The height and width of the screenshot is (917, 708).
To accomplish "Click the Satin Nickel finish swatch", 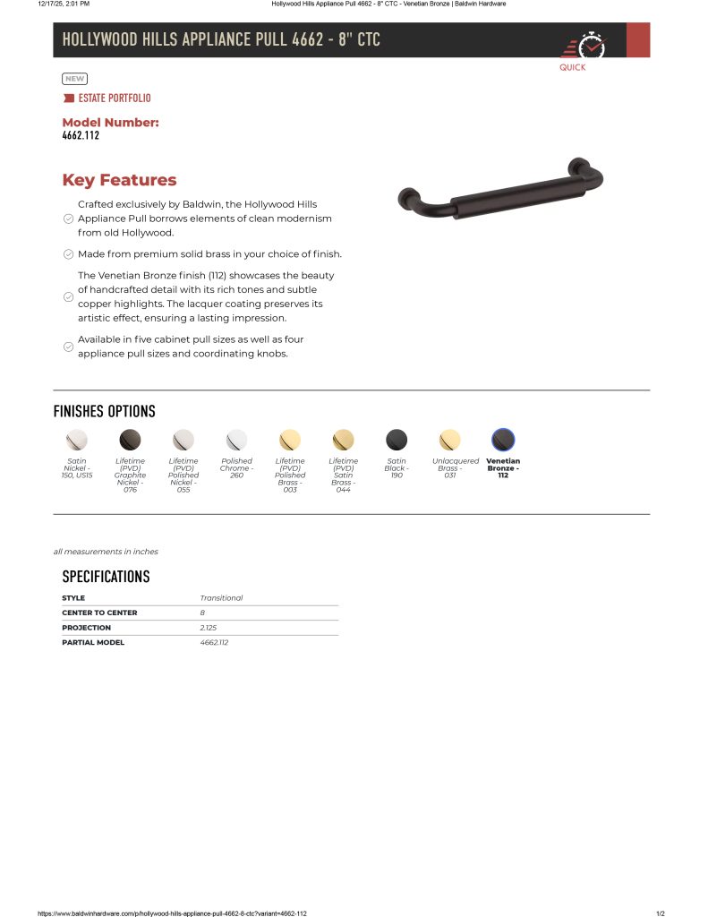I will tap(77, 440).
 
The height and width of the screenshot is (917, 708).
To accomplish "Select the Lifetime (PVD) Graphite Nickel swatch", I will tap(130, 440).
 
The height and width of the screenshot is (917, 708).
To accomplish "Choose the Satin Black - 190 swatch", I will tap(397, 440).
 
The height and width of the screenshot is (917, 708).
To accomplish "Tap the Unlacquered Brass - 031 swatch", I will tap(449, 440).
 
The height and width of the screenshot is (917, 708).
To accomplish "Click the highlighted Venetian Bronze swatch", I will tap(503, 440).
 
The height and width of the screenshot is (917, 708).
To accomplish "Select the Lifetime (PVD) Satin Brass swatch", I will tap(343, 440).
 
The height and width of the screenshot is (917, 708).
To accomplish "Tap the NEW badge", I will tap(74, 79).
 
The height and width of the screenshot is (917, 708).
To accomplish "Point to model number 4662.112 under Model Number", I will tap(81, 136).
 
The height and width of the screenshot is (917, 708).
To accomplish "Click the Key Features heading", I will tap(119, 180).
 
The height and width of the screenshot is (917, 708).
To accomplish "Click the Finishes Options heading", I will tap(104, 411).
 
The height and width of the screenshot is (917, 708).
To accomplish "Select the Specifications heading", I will tap(106, 576).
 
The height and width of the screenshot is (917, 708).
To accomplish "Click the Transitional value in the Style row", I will tap(221, 598).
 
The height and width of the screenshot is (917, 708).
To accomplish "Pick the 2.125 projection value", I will tap(209, 628).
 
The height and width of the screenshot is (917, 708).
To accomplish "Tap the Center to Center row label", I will tap(99, 613).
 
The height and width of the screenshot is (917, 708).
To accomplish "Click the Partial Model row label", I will tap(93, 642).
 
